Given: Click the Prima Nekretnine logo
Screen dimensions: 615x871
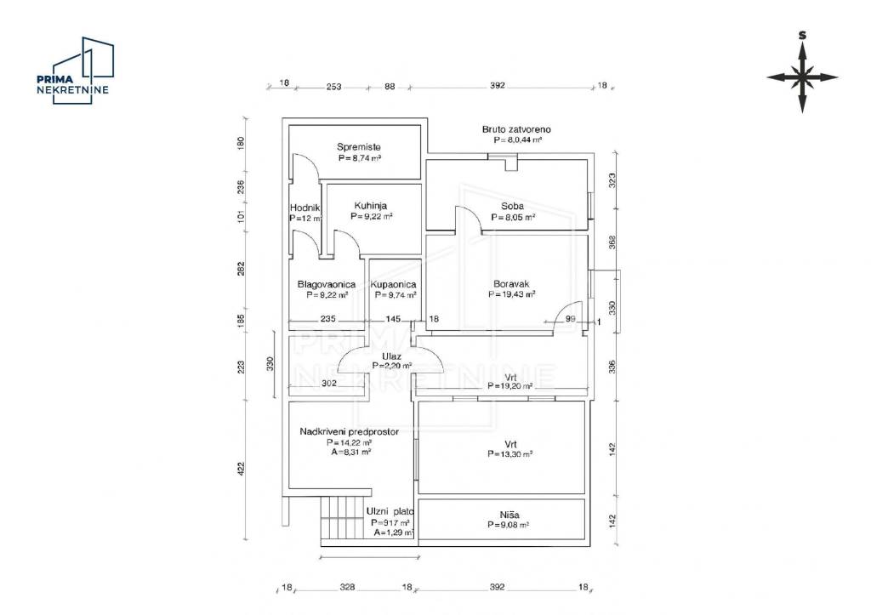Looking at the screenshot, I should click(75, 71).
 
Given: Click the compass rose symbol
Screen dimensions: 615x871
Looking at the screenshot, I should click(801, 77).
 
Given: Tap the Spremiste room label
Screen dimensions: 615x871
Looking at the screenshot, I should click(358, 146).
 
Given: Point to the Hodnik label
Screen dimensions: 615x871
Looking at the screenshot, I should click(305, 208).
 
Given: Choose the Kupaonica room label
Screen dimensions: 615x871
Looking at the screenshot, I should click(394, 284).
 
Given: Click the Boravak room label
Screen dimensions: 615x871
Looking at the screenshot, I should click(511, 284).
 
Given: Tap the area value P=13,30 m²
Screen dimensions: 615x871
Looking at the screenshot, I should click(510, 454).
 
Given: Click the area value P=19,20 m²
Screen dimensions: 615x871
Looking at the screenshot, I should click(510, 385).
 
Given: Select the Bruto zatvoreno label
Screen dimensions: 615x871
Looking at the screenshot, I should click(511, 129).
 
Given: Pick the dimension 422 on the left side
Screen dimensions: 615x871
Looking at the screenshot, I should click(241, 468).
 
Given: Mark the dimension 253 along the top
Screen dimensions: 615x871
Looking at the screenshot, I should click(333, 86).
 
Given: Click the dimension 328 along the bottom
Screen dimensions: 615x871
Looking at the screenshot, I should click(347, 587).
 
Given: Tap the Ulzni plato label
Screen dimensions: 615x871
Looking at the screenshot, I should click(390, 511).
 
